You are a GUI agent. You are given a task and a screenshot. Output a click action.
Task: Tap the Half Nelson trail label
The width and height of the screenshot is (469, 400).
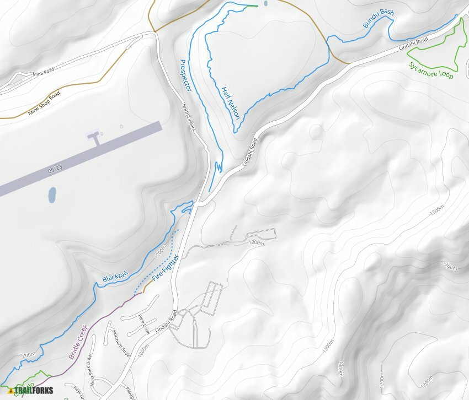pyautogui.click(x=230, y=103)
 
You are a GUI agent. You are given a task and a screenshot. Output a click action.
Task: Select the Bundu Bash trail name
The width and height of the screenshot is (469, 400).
pyautogui.click(x=379, y=19)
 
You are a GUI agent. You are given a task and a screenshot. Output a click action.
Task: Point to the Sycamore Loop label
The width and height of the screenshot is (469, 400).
pyautogui.click(x=431, y=71)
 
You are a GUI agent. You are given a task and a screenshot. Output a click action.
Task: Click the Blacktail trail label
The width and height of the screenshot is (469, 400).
pyautogui.click(x=115, y=272)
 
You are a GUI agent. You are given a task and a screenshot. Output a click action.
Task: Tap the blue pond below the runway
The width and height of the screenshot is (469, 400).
pyautogui.click(x=52, y=194)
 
